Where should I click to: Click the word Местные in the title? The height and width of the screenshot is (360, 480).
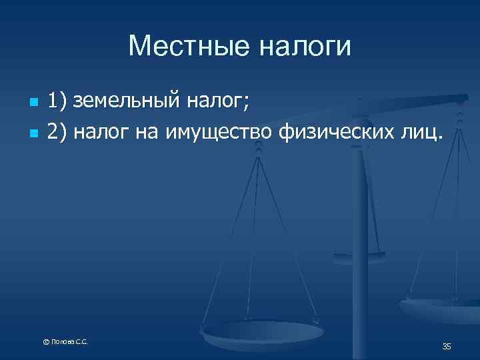[x=182, y=46]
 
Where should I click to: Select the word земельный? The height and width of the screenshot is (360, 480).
[x=126, y=102]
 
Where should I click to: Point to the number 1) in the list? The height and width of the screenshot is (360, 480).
[x=58, y=102]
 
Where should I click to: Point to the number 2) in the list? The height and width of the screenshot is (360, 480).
[x=58, y=133]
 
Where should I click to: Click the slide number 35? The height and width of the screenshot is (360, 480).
[x=447, y=346]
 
